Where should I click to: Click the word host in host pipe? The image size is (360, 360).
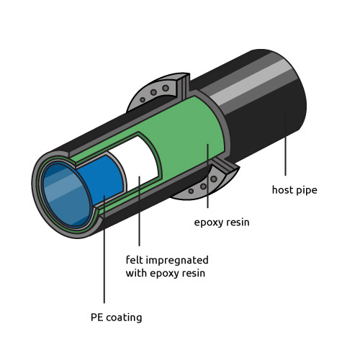click(x=282, y=190)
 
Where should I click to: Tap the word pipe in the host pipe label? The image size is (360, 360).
click(x=307, y=191)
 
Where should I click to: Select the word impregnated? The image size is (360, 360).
click(x=177, y=261)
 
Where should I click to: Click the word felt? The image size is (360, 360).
click(x=135, y=260)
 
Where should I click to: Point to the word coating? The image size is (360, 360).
click(x=124, y=318)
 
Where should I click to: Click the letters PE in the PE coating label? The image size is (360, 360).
click(x=97, y=318)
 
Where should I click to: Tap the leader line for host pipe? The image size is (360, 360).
click(x=285, y=143)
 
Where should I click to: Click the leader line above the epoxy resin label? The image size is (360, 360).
click(x=207, y=176)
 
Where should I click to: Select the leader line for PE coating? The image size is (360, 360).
click(x=104, y=249)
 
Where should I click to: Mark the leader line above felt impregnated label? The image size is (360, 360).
click(x=139, y=211)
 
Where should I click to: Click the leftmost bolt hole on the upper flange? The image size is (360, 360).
click(x=143, y=99)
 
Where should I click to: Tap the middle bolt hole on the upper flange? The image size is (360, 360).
click(x=153, y=92)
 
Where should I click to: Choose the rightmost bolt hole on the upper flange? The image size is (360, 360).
click(x=166, y=88)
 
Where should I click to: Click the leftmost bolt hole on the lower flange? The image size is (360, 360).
click(x=191, y=192)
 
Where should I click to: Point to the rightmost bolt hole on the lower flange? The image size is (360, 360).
click(x=214, y=179)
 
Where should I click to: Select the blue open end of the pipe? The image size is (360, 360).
click(x=66, y=194)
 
